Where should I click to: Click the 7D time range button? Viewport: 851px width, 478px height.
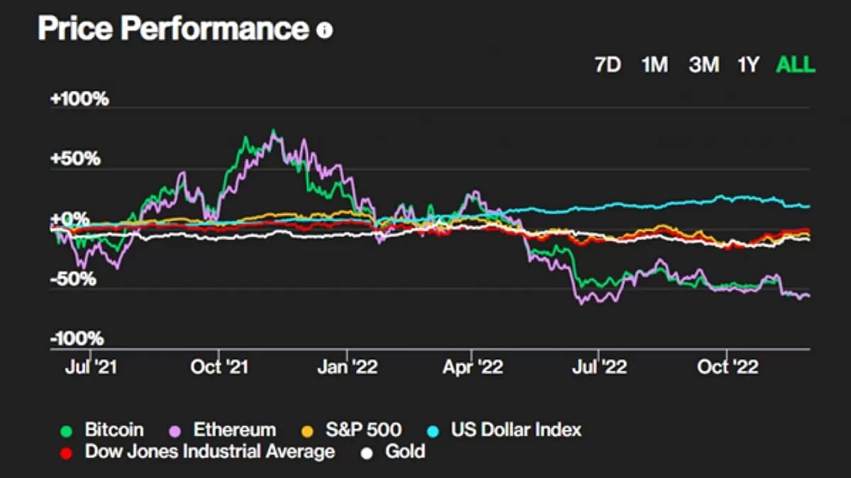coord(608,65)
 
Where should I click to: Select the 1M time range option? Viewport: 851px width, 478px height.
coord(655,65)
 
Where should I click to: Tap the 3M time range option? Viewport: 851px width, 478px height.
coord(703,65)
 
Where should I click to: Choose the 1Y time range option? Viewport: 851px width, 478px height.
coord(748,65)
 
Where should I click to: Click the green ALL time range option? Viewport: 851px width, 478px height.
coord(796,65)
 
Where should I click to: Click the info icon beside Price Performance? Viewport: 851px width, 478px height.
coord(324,30)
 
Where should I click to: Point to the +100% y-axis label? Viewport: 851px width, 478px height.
coord(79,98)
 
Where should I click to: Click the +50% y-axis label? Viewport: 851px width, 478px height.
coord(75,159)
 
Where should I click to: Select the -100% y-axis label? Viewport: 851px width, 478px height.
coord(77,338)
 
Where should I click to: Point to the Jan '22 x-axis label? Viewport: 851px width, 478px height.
coord(348,367)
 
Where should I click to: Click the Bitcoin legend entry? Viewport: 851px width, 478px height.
coord(113,429)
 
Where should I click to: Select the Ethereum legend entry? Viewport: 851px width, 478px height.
coord(234,429)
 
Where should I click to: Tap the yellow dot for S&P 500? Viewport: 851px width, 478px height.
coord(307,430)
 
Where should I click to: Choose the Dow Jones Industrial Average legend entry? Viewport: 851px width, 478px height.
coord(209,451)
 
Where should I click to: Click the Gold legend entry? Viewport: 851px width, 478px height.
coord(405,451)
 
